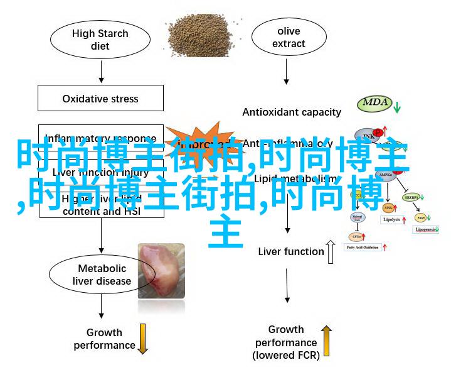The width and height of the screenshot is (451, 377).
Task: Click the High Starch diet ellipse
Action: (x=100, y=40)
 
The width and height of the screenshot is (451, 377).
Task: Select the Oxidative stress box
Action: (x=101, y=99)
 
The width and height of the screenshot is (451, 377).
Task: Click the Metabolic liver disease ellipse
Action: (x=100, y=275)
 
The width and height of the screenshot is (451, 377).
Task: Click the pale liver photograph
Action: (x=161, y=270)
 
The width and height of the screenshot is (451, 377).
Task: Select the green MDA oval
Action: (x=375, y=102)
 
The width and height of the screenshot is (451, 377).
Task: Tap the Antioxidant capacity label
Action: (x=292, y=112)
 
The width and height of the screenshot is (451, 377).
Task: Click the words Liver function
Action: (x=290, y=252)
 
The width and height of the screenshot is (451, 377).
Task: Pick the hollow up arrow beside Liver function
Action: (x=331, y=251)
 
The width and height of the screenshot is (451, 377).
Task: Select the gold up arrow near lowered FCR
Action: (x=327, y=341)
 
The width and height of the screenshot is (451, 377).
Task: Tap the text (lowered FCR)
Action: (x=286, y=356)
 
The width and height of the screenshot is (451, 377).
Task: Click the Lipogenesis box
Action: (x=427, y=231)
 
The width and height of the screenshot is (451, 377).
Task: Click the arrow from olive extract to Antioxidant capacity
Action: (x=287, y=74)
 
